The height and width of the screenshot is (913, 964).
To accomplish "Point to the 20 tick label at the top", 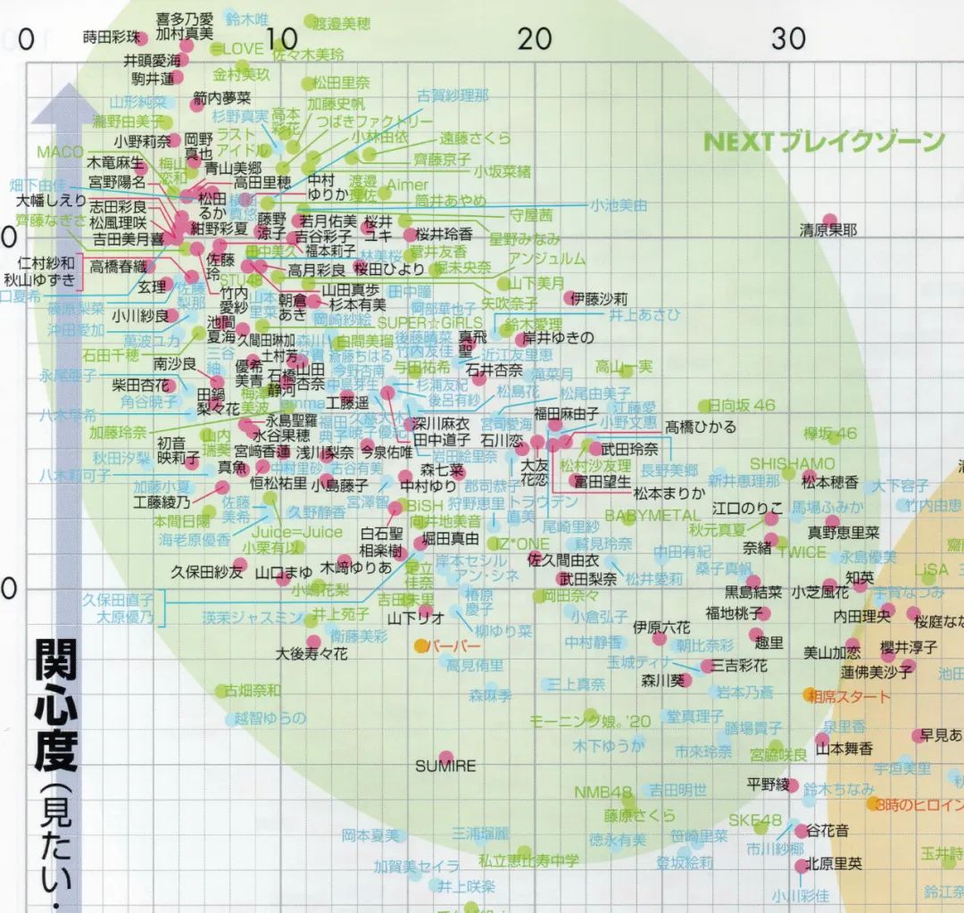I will pos(536,38).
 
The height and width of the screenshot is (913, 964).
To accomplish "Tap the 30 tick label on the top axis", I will pos(789,38).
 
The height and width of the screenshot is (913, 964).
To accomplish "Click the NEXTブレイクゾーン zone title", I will pos(823,142).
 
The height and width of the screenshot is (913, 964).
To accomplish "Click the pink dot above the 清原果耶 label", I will pos(829,219).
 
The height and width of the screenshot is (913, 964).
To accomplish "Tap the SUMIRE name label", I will pos(445,766).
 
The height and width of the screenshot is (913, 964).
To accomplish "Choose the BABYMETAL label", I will pos(652,515).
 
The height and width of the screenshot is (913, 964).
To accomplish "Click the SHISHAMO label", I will pos(793,464).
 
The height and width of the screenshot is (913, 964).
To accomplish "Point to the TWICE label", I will pos(802,552).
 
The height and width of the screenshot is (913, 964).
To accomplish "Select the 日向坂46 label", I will pos(742,405).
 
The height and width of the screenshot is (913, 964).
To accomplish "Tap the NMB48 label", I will pos(602,792).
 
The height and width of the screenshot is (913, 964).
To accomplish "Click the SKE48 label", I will pos(754,820).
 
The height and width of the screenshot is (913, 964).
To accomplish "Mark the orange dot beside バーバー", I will pos(420,644).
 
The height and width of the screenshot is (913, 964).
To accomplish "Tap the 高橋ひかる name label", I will pos(701,427).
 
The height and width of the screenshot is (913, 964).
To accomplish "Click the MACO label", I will pos(60,152).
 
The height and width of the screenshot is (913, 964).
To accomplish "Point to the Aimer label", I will pos(408,185).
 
